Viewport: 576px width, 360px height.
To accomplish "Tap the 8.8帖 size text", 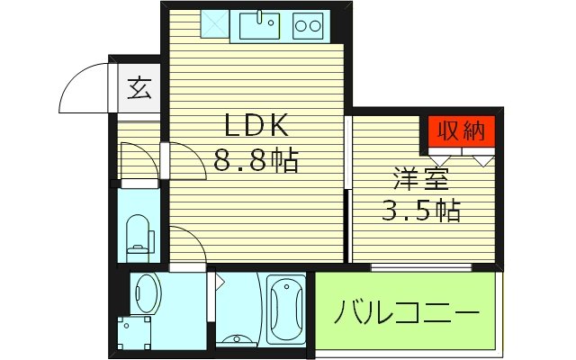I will coord(256,161).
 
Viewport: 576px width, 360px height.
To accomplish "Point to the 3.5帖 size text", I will coord(418,211).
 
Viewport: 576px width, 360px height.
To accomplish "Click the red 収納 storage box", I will coord(461,131).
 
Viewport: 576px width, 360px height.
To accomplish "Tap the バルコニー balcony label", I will coord(406,315).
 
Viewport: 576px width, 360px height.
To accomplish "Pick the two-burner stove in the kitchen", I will coord(309,25).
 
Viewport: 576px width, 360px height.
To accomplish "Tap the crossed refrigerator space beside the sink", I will coord(213,24).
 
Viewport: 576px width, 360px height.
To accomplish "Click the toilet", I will coord(139,235).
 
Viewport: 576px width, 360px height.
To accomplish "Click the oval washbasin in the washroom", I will coord(146,292).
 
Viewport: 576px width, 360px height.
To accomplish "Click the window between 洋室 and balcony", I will coord(421,265).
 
